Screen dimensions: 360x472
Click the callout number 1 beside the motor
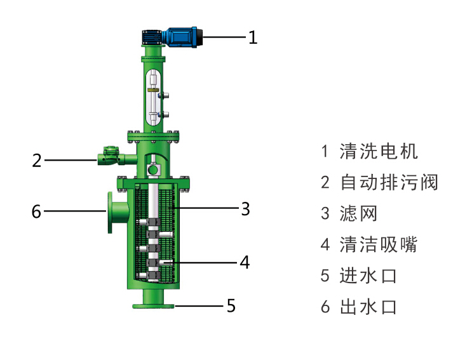253,37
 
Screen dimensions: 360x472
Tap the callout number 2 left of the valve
37,160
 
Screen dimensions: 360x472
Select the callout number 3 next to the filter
245,208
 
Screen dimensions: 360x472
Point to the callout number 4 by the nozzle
245,262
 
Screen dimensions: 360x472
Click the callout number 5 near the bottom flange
231,306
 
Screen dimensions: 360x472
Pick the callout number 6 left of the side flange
36,211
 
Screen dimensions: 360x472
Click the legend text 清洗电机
379,152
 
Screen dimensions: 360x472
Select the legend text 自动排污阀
389,183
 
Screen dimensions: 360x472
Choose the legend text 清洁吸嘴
379,245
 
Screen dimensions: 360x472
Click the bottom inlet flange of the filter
153,307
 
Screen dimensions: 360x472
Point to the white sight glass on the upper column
152,98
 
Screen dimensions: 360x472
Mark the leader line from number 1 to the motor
222,37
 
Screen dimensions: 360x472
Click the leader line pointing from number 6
74,210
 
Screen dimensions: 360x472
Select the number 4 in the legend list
325,245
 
